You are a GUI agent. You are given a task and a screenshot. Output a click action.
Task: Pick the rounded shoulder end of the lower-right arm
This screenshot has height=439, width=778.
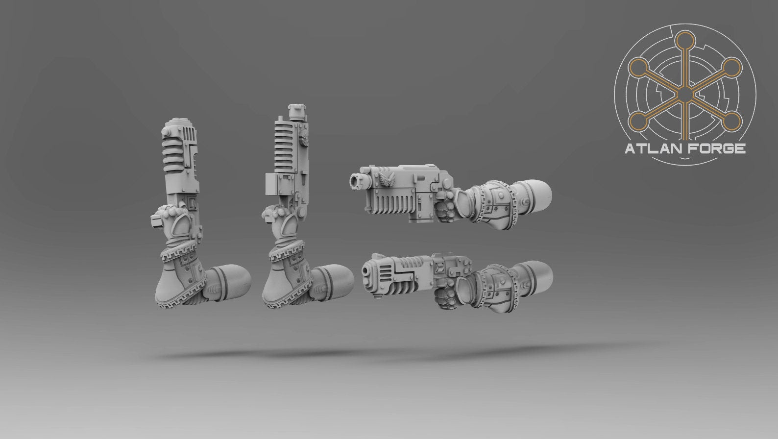coord(535,276)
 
